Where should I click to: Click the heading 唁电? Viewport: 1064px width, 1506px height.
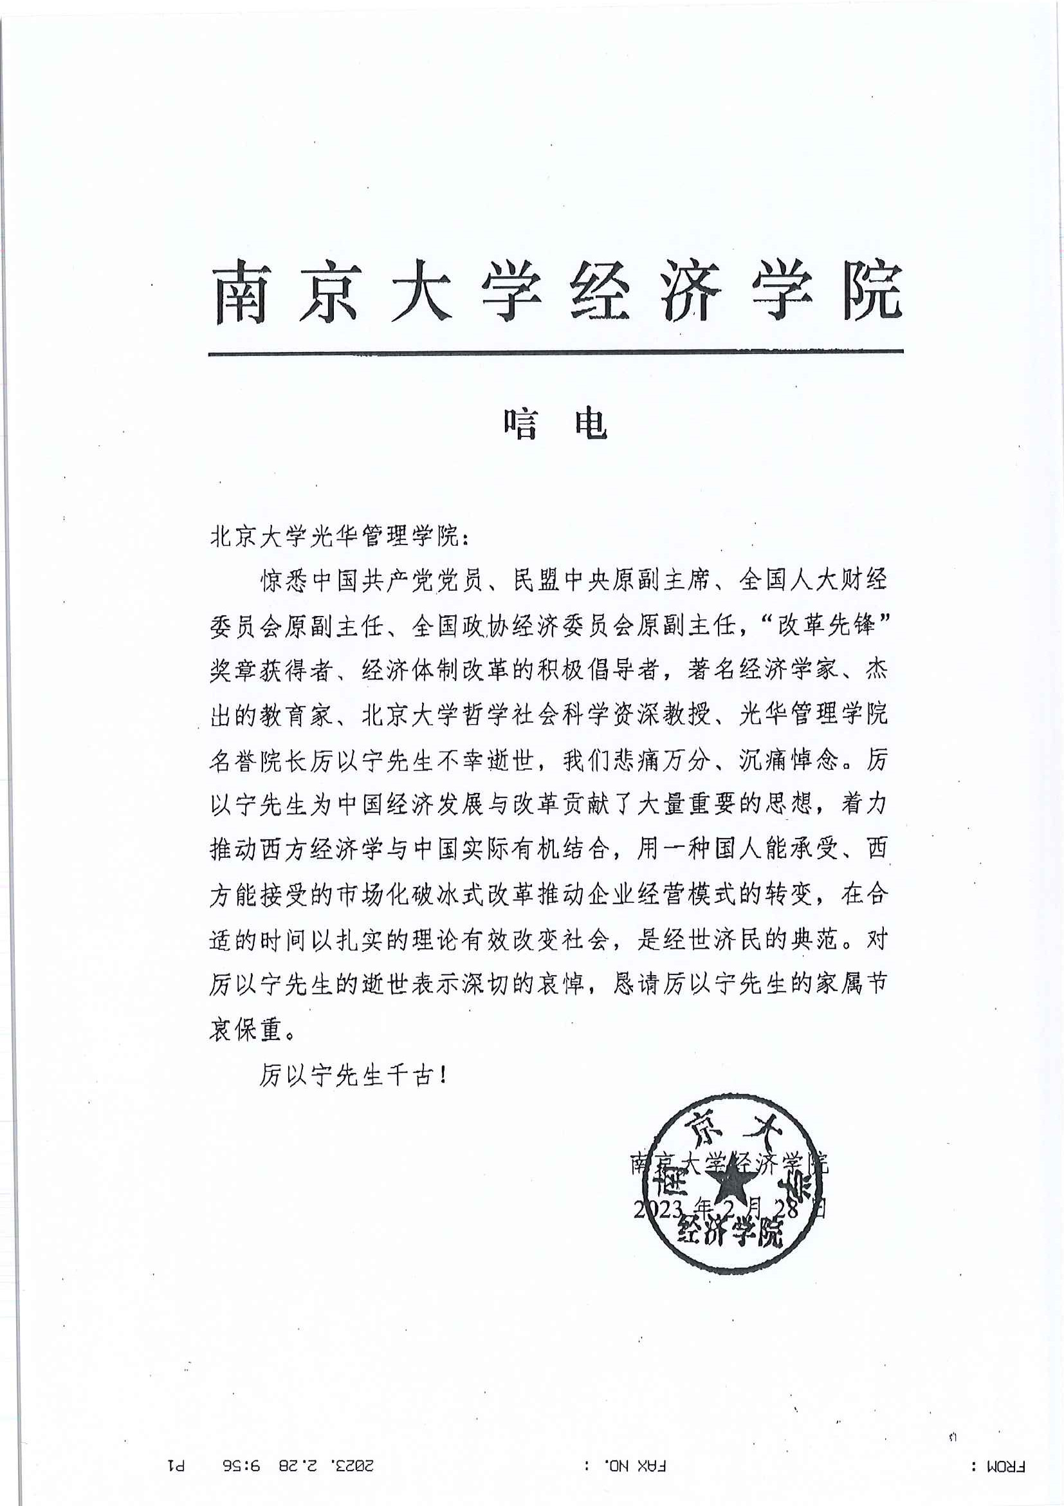click(555, 425)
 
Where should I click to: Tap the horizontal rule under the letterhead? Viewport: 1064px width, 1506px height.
click(555, 352)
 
